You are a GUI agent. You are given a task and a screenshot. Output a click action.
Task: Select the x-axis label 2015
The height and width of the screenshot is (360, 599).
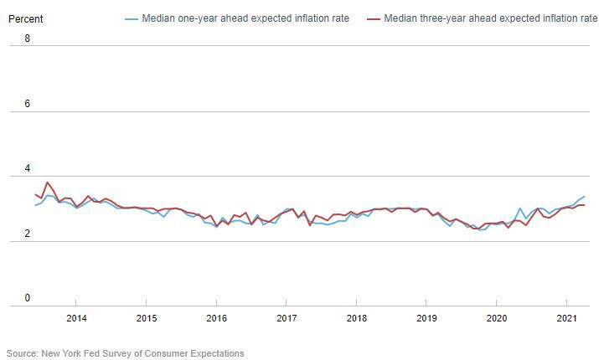pyautogui.click(x=146, y=318)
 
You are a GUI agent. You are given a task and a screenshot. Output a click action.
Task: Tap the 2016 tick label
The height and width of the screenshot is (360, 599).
pyautogui.click(x=216, y=318)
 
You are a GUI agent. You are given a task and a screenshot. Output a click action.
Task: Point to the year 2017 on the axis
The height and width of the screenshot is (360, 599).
pyautogui.click(x=287, y=318)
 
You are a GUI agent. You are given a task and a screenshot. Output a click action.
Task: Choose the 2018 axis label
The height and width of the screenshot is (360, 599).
pyautogui.click(x=356, y=318)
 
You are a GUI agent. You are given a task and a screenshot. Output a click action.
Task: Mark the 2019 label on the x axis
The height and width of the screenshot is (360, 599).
pyautogui.click(x=426, y=318)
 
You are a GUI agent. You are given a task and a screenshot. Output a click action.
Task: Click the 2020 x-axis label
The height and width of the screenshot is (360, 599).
pyautogui.click(x=497, y=318)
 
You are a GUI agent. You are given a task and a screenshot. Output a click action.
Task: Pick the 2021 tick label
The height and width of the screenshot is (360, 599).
pyautogui.click(x=566, y=318)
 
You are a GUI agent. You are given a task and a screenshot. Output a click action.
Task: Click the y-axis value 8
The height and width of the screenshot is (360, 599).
pyautogui.click(x=28, y=38)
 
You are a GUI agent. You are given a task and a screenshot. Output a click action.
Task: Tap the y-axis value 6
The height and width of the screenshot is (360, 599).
pyautogui.click(x=28, y=103)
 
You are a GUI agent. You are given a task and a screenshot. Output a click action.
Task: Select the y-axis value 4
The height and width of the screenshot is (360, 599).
pyautogui.click(x=28, y=168)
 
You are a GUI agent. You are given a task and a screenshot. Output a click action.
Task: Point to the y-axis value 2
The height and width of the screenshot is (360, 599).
pyautogui.click(x=28, y=234)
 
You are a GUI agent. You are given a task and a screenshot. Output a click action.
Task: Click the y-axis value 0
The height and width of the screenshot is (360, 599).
pyautogui.click(x=28, y=299)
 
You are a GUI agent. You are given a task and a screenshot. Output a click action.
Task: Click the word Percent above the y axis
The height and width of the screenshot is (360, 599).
pyautogui.click(x=24, y=18)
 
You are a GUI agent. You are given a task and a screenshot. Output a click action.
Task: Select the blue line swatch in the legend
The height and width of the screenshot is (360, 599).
pyautogui.click(x=131, y=18)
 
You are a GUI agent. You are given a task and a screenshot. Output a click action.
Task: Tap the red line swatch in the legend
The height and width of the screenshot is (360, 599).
pyautogui.click(x=374, y=18)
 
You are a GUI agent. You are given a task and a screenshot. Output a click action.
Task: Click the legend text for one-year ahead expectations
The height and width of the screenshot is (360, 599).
pyautogui.click(x=245, y=18)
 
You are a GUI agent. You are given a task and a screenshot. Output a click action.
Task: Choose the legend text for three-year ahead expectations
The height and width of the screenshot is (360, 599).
pyautogui.click(x=490, y=18)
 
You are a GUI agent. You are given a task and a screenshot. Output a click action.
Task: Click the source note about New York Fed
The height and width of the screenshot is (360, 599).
pyautogui.click(x=126, y=353)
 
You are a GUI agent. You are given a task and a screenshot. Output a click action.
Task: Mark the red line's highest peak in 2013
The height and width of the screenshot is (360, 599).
pyautogui.click(x=47, y=182)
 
